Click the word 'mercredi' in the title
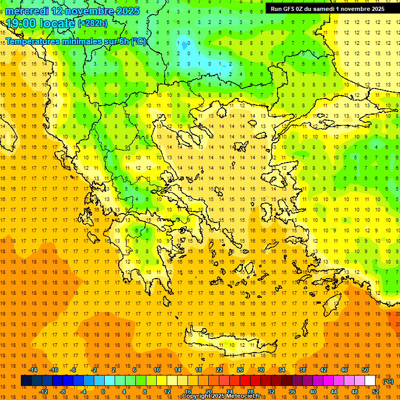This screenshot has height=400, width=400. coord(28,11)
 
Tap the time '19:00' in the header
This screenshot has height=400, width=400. coord(21,23)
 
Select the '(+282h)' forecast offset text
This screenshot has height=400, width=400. coord(92,23)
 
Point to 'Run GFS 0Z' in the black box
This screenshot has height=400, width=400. coord(288,8)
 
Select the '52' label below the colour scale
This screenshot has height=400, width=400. coord(376,392)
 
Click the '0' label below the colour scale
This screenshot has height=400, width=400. coord(103,392)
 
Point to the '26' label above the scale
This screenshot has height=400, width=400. coord(240,370)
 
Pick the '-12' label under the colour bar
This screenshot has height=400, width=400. coord(43,392)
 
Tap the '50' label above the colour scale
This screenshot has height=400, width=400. coord(365,370)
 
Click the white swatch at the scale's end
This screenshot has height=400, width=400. coord(370,381)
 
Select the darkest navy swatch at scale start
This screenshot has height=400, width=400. coord(26,381)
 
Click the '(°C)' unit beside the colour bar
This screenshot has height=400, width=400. coord(387,381)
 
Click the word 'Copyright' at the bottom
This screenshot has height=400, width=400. coord(195,396)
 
